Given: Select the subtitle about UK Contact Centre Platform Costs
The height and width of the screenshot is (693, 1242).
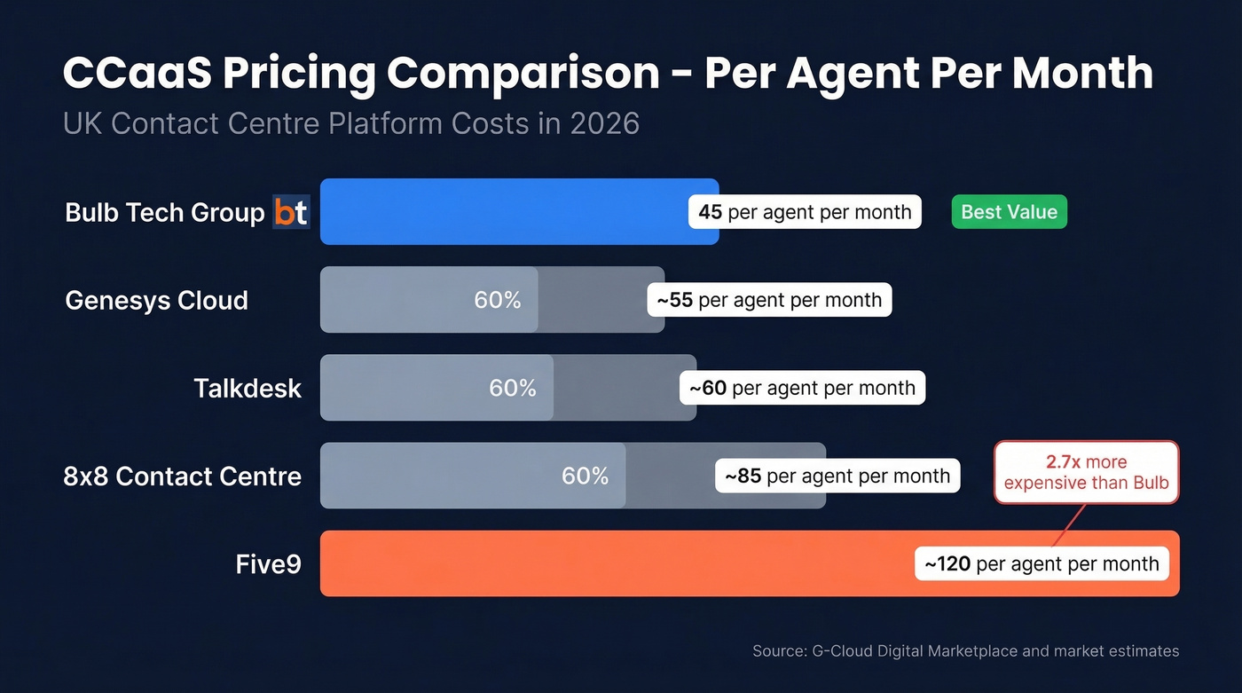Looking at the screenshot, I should [350, 123].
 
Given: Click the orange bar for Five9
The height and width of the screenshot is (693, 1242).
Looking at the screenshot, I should [612, 563].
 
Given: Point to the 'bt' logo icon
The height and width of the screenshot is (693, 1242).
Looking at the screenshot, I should [291, 213].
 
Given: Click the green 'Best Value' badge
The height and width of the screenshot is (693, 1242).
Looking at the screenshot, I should [1009, 212].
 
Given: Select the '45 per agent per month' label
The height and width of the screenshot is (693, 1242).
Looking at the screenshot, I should [805, 212].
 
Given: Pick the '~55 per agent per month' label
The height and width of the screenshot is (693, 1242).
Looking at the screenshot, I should [769, 300].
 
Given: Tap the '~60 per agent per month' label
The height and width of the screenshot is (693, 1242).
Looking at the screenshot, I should [802, 388].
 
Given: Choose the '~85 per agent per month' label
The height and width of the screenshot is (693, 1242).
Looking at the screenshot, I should [837, 476].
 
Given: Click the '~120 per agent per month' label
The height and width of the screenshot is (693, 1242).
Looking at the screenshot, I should [1042, 563].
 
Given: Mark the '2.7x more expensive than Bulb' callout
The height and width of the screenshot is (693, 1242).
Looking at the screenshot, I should [1086, 473].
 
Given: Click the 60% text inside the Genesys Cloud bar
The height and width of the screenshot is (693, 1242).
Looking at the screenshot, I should [498, 300].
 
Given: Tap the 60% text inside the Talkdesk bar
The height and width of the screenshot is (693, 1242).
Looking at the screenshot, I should [513, 388].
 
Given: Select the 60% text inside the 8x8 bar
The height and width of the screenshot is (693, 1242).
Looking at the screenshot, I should [586, 476].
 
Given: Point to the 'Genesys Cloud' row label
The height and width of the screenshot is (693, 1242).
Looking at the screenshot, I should [156, 300].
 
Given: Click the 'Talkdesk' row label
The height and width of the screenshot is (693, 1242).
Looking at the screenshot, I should [248, 388].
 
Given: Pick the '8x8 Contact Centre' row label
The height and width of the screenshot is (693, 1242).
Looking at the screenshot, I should [182, 476].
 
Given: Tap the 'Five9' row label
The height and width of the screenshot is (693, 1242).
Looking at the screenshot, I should [268, 563].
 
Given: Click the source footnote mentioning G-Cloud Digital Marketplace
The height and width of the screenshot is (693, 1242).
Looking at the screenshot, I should [965, 651].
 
